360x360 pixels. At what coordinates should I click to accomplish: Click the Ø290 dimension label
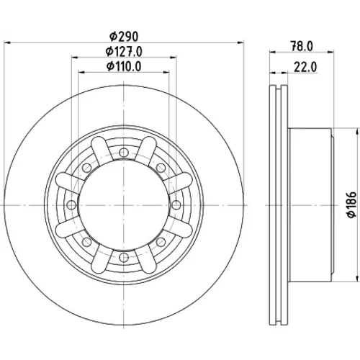tap(124, 37)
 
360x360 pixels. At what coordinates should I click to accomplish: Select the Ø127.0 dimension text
tap(124, 52)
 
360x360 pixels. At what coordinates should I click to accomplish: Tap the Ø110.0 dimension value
tap(124, 66)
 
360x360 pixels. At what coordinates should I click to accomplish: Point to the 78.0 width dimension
tap(302, 46)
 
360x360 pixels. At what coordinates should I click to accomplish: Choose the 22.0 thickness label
tap(305, 67)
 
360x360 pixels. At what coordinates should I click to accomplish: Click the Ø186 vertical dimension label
tap(352, 204)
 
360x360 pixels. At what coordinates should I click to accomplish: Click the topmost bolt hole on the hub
tap(124, 153)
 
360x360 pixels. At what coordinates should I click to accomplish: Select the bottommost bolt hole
tap(124, 258)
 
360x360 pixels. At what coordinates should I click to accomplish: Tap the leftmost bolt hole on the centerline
tap(71, 205)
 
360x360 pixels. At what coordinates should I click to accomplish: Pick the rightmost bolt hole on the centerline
tap(176, 205)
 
